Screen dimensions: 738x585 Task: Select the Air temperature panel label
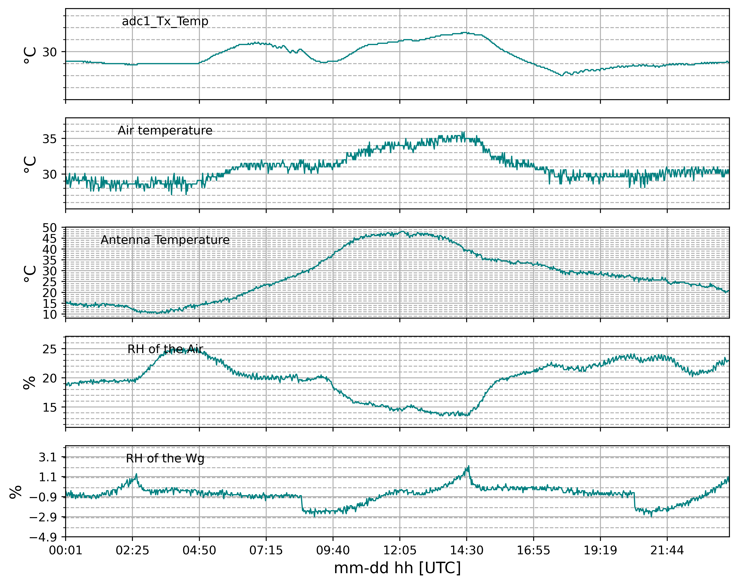click(x=165, y=131)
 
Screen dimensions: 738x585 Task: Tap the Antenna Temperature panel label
click(x=165, y=240)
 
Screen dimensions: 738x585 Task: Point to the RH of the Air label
click(x=165, y=349)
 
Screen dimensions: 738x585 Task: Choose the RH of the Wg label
click(x=165, y=458)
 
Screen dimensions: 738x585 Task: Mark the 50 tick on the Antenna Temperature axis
click(x=50, y=228)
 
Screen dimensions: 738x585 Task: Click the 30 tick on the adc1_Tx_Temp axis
click(x=50, y=52)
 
